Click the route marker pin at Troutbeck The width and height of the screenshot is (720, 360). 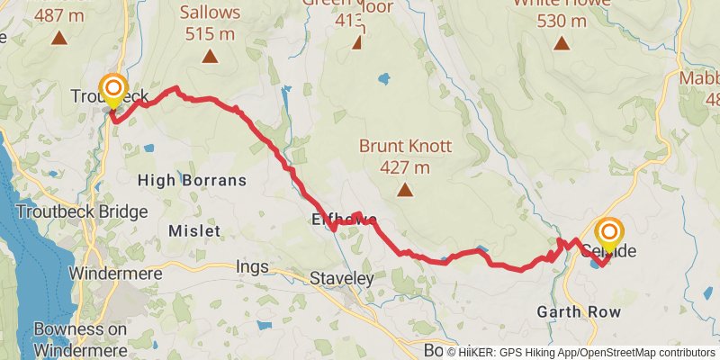pyautogui.click(x=113, y=89)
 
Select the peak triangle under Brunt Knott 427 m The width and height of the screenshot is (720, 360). pyautogui.click(x=405, y=190)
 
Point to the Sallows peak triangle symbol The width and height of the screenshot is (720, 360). pyautogui.click(x=210, y=58)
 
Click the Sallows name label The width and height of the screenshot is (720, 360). pyautogui.click(x=210, y=13)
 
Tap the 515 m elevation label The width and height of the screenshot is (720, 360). pyautogui.click(x=210, y=33)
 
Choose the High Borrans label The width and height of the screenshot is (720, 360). pyautogui.click(x=192, y=181)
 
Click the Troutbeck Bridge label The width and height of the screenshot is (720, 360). pyautogui.click(x=86, y=211)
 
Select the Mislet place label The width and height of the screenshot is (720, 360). pyautogui.click(x=194, y=231)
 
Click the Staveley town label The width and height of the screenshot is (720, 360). pyautogui.click(x=341, y=279)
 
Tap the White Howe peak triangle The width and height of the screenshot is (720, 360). pyautogui.click(x=562, y=43)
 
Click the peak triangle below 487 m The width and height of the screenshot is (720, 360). pyautogui.click(x=59, y=38)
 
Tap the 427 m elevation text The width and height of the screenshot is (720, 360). pyautogui.click(x=404, y=167)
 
